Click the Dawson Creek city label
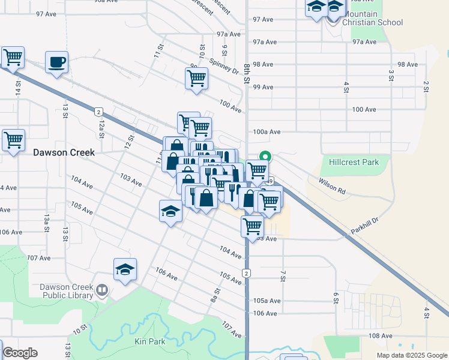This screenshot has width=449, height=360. tap(64, 153)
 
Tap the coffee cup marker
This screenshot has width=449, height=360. tap(57, 62)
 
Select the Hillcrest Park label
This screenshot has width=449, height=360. tap(354, 162)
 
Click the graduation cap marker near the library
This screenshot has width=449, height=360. tap(125, 270)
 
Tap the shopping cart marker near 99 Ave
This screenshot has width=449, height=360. tap(196, 78)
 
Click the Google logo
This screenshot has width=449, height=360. tap(20, 353)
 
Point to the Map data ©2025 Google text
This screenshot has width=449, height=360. tap(412, 355)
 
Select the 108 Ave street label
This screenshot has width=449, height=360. tap(381, 336)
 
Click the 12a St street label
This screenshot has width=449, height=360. tap(102, 128)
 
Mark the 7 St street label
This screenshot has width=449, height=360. tap(283, 275)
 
